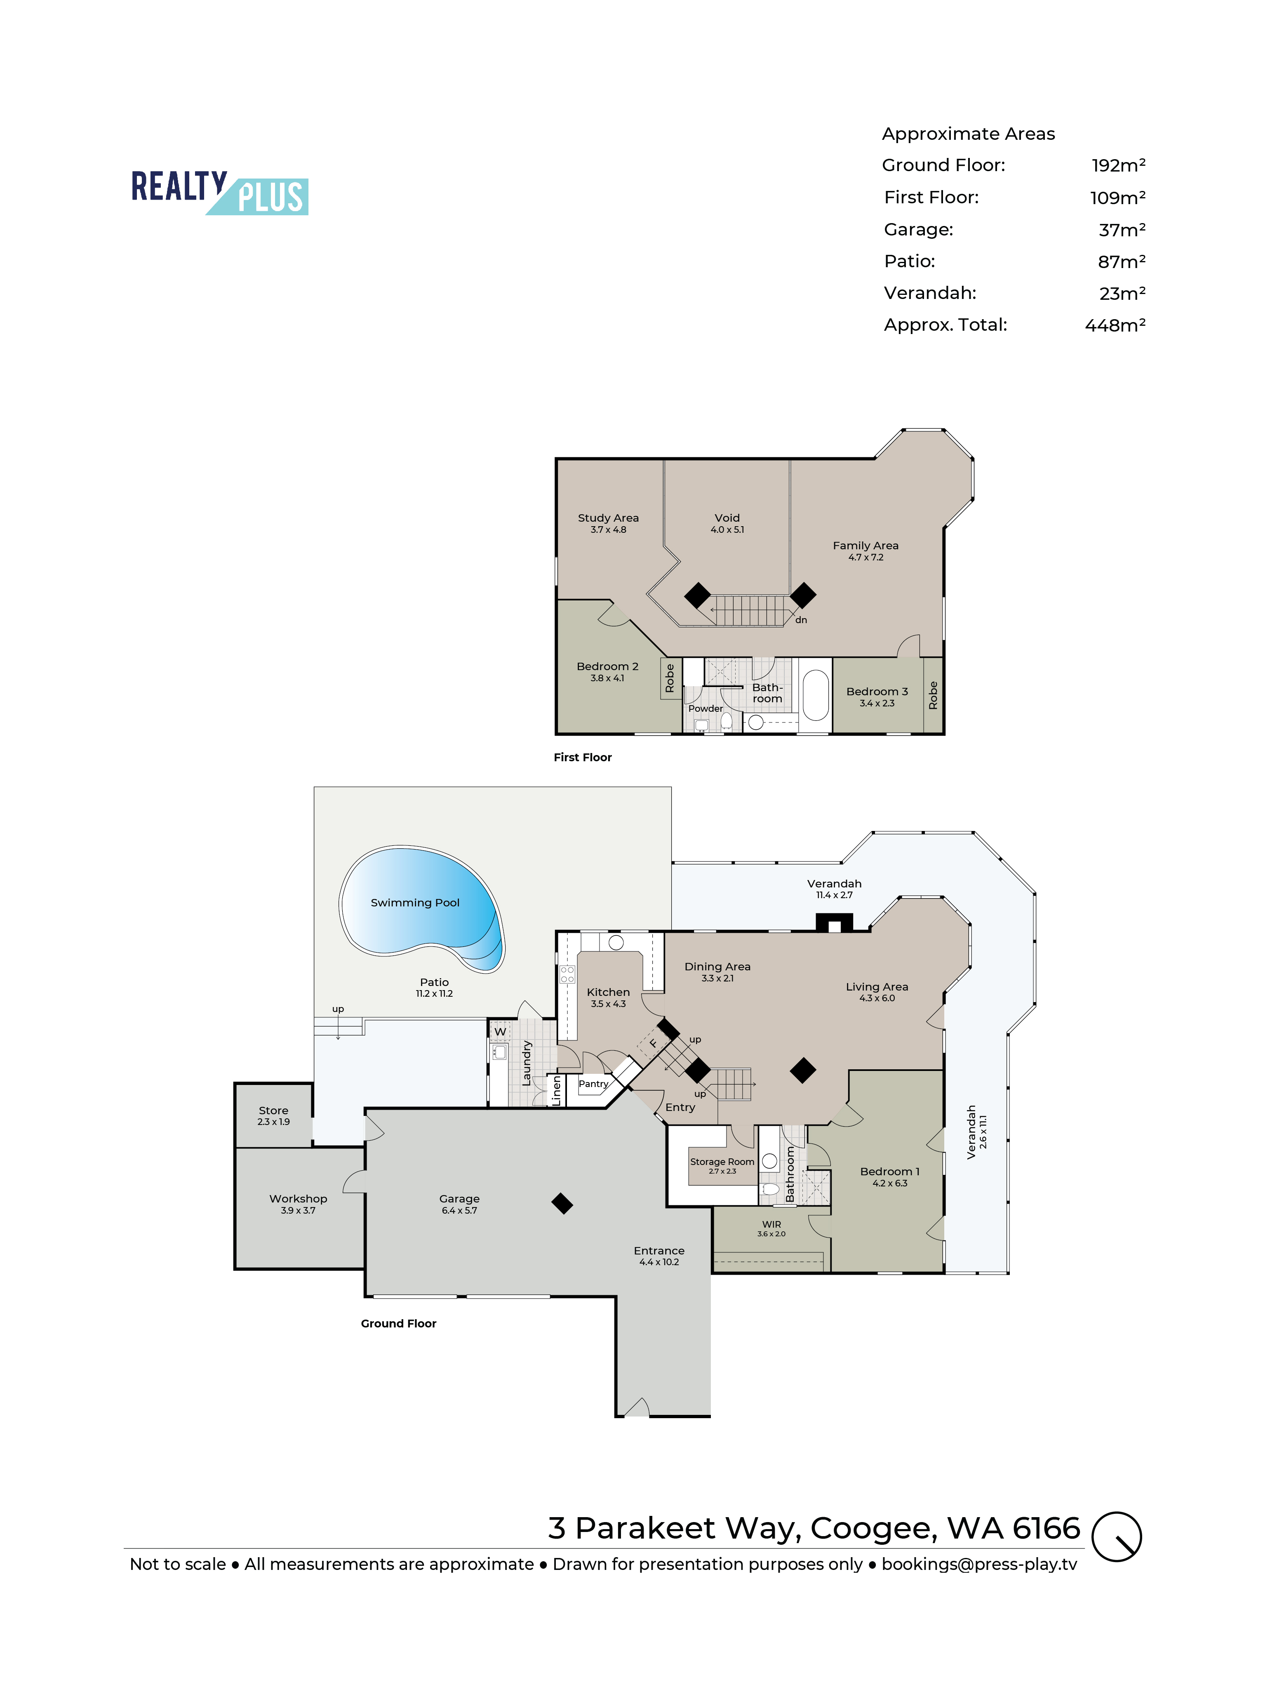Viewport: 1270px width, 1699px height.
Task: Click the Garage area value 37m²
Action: (x=1122, y=230)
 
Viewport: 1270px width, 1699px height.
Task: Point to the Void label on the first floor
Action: (x=727, y=518)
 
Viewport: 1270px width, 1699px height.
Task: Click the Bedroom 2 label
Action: (x=607, y=666)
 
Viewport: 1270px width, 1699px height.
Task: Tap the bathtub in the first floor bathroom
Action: (x=815, y=695)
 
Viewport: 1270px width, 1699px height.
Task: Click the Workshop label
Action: (x=298, y=1198)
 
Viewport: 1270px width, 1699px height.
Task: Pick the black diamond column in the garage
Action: (x=562, y=1204)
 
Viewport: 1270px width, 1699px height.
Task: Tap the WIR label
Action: (x=771, y=1224)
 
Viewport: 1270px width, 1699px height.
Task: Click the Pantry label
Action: (x=593, y=1084)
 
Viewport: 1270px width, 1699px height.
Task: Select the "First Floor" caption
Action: (x=583, y=757)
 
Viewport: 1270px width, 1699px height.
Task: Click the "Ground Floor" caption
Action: (x=398, y=1323)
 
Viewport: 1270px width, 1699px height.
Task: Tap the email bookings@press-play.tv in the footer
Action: (x=979, y=1565)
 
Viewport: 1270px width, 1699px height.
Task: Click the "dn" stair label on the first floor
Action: (x=801, y=620)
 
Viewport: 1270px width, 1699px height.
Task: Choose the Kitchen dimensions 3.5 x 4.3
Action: (x=608, y=1004)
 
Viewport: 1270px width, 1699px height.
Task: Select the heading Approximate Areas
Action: (x=968, y=134)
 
